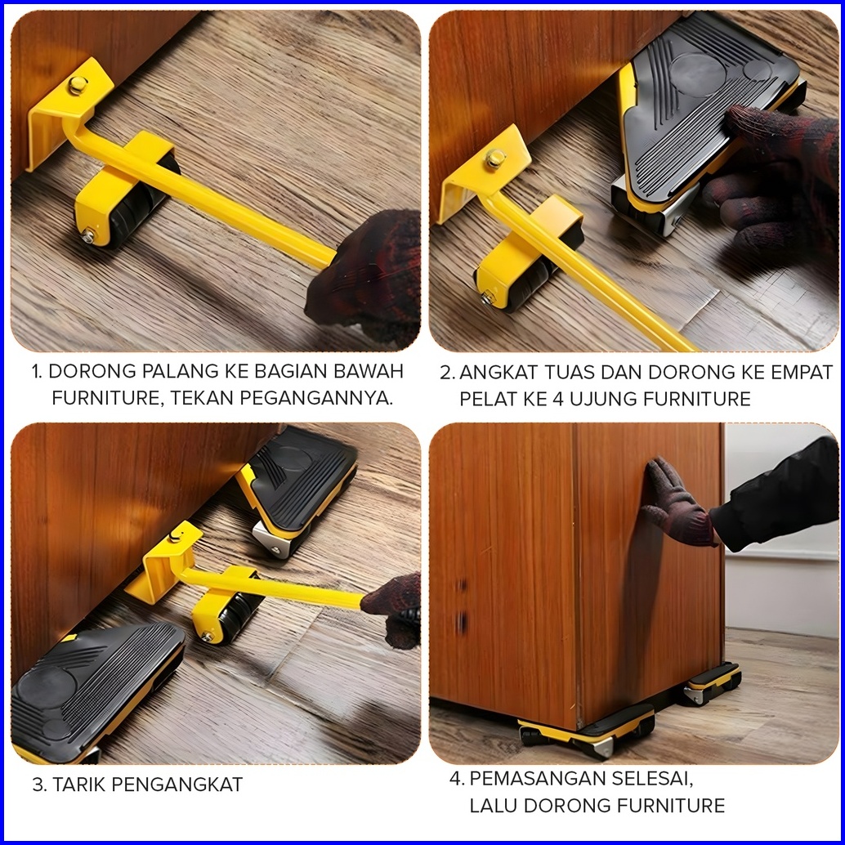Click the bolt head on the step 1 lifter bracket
click(78, 85)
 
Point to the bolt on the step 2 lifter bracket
click(494, 159)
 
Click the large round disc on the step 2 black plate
click(697, 75)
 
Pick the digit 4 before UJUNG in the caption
click(558, 399)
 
